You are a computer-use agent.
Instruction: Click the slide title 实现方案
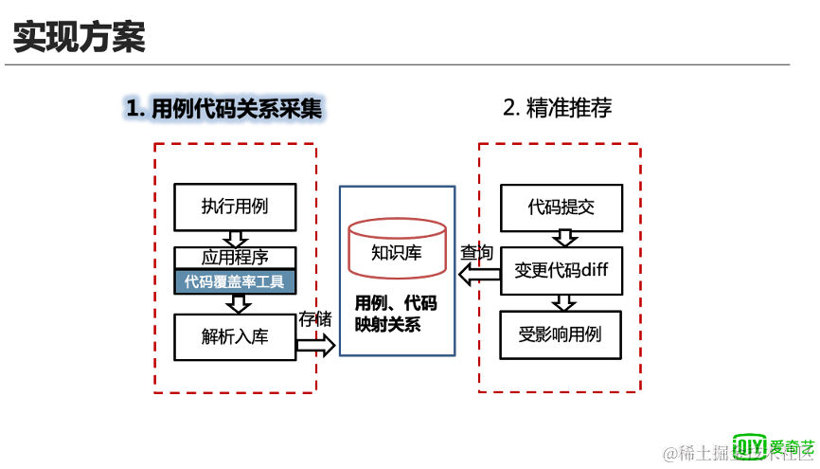click(x=79, y=38)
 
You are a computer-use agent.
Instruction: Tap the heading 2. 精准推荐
click(x=557, y=107)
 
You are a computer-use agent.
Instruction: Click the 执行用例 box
click(x=235, y=207)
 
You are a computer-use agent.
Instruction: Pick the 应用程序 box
click(x=235, y=257)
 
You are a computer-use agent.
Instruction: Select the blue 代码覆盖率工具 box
click(x=235, y=280)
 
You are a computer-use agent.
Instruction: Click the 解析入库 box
click(x=235, y=335)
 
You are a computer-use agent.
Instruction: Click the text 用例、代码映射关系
click(x=396, y=314)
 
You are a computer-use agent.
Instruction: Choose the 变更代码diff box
click(x=562, y=269)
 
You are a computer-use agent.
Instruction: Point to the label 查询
click(x=476, y=253)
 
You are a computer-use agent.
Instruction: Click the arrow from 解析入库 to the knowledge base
click(x=316, y=345)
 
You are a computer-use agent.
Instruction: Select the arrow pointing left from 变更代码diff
click(x=479, y=275)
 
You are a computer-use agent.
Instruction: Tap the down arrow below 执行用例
click(x=235, y=238)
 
